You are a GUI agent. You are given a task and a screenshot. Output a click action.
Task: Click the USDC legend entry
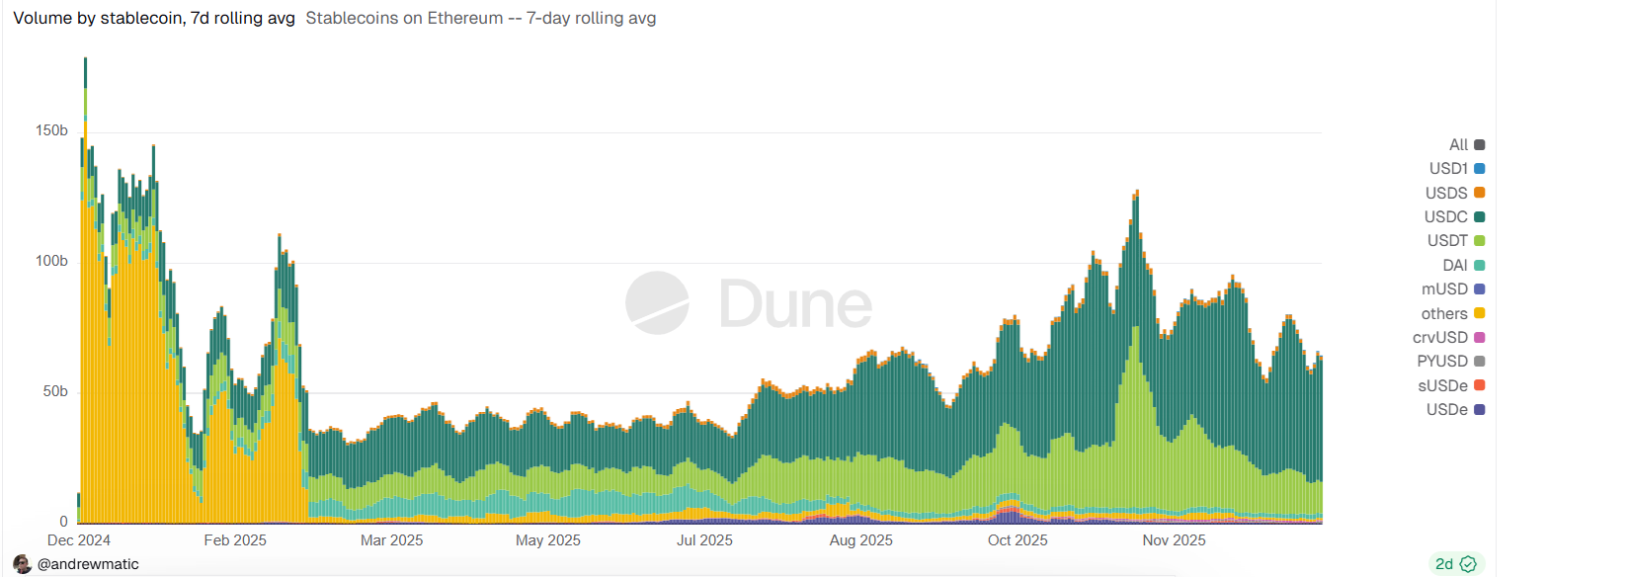1453,216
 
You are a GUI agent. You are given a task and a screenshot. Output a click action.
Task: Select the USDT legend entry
1455,240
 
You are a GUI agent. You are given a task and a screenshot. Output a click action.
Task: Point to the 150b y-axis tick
51,130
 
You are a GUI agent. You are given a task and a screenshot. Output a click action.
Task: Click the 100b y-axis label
51,261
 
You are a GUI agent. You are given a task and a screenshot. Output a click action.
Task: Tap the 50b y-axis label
55,391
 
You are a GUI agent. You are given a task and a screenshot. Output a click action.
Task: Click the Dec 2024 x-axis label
79,540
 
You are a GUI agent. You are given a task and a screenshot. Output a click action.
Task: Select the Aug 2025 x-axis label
860,540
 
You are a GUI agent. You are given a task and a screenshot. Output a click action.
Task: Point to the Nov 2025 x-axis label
1174,540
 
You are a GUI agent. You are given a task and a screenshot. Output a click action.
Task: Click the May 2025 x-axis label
548,540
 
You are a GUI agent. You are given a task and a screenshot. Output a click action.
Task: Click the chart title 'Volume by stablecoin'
153,18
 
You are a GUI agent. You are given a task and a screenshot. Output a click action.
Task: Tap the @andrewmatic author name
88,564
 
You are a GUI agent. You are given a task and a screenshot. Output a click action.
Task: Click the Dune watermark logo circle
657,302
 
